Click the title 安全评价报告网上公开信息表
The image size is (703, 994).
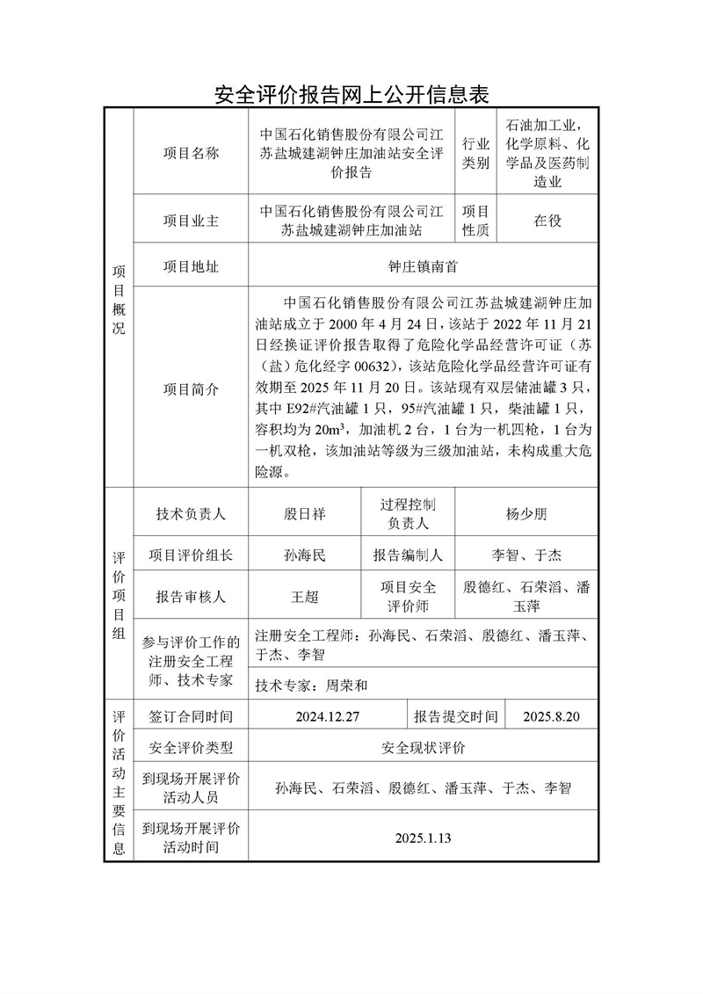pos(351,93)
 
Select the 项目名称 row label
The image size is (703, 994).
pos(191,152)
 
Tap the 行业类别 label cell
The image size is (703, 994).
pos(475,152)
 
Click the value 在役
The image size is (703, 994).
pos(547,221)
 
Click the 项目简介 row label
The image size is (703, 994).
pos(191,388)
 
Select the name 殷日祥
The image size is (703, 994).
pos(304,513)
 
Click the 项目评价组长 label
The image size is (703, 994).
pos(191,555)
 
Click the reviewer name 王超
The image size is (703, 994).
pos(304,597)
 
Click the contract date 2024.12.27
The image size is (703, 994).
pos(328,716)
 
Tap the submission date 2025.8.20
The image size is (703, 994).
pos(551,716)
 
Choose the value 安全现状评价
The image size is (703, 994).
pos(424,748)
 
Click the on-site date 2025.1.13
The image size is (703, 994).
pos(424,838)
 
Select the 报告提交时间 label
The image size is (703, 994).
pos(456,716)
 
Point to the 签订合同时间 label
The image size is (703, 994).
pos(191,716)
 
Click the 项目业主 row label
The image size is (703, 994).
pos(191,221)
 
